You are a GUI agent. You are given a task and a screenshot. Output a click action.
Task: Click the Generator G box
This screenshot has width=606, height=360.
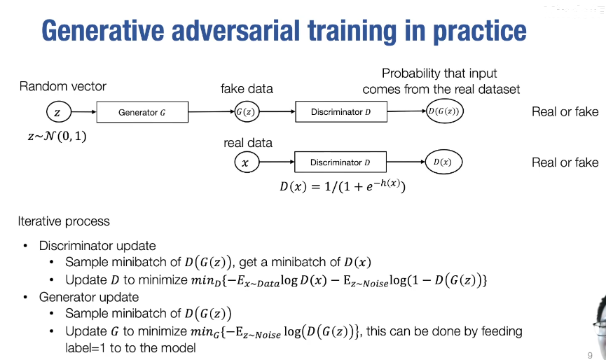(x=142, y=112)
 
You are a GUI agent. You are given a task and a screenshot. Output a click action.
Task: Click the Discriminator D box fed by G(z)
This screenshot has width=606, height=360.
(x=341, y=111)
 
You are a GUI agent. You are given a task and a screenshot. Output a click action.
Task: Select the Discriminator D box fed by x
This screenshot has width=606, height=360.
(x=340, y=162)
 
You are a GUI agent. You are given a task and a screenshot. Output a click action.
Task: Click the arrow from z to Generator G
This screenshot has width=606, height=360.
(x=84, y=112)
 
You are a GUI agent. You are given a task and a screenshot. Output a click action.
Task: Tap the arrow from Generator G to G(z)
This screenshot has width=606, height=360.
(x=212, y=111)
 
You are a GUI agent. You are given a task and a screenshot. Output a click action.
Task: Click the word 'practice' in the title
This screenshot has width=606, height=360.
(x=479, y=32)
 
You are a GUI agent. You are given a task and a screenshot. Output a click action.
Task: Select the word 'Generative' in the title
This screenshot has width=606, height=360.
(x=103, y=30)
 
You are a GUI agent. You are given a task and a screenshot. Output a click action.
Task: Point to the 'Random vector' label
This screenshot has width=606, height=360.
(x=62, y=86)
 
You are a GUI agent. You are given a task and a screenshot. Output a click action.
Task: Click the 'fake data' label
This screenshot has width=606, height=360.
(x=247, y=89)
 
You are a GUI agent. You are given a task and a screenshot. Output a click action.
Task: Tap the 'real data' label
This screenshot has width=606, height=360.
(x=248, y=143)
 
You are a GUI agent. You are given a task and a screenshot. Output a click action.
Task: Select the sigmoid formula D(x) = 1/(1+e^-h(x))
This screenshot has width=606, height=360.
(x=343, y=186)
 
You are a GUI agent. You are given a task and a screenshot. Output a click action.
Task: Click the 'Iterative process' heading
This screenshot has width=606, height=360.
(x=64, y=221)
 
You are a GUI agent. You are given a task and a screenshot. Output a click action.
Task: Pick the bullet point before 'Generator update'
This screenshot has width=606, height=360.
(x=25, y=297)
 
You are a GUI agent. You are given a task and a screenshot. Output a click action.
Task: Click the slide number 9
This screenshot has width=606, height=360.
(x=590, y=355)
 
